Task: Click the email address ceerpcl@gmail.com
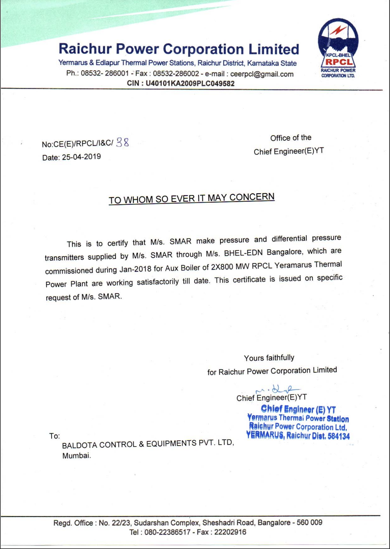click(262, 74)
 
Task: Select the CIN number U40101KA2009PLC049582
click(190, 83)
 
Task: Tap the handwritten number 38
click(123, 143)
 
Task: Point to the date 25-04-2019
click(81, 157)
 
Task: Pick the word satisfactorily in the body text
click(158, 282)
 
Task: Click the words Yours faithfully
click(269, 358)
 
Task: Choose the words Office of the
click(291, 138)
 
